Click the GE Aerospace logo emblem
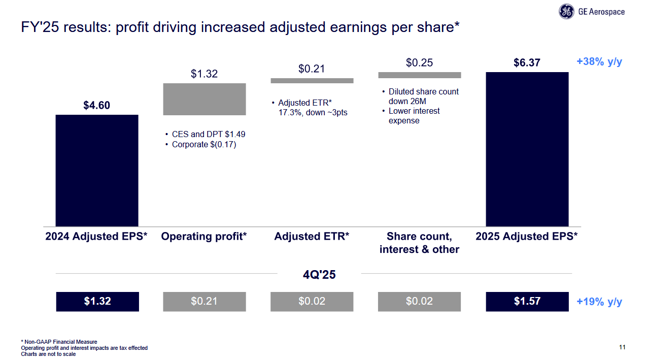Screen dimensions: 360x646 [566, 12]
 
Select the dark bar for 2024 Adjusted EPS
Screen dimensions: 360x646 [96, 170]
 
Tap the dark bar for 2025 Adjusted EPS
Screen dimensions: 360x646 [527, 149]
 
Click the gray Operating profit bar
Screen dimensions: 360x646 [204, 99]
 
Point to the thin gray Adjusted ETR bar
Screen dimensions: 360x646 [312, 80]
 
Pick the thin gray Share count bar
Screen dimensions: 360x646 [419, 75]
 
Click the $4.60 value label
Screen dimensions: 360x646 [96, 105]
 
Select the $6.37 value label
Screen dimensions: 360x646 [527, 62]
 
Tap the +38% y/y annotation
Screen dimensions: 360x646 [599, 62]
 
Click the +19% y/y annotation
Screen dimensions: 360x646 [599, 302]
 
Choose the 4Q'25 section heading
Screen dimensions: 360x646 [319, 275]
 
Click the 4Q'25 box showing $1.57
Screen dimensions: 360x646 [527, 301]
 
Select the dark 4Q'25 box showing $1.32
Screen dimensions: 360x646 [97, 301]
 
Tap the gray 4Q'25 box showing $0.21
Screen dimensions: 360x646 [204, 301]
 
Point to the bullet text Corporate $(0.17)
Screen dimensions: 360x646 [204, 145]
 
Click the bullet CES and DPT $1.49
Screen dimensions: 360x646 [208, 135]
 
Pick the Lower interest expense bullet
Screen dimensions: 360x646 [414, 116]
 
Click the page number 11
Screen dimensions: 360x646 [622, 347]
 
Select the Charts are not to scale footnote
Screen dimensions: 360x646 [48, 354]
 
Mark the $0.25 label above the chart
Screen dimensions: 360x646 [419, 62]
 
